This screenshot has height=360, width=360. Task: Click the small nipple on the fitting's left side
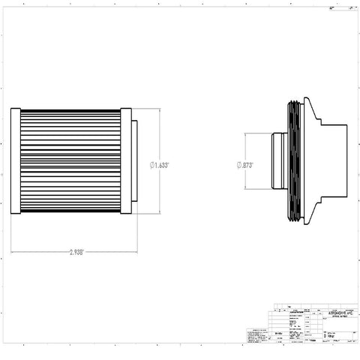coord(277,161)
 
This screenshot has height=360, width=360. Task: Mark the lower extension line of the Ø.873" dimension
coord(255,188)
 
